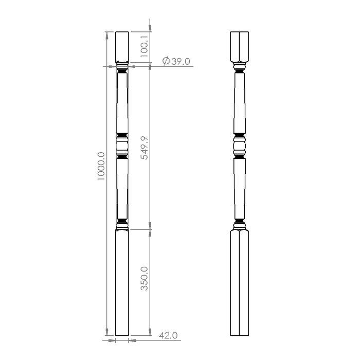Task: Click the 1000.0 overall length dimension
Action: pos(101,166)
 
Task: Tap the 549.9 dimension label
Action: pos(144,148)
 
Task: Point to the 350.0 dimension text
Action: pos(144,279)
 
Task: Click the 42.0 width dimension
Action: pos(168,335)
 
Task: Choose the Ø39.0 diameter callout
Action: pos(176,61)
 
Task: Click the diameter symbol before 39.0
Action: pos(166,61)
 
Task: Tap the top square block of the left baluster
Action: pos(122,47)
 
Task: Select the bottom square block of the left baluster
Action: pos(122,283)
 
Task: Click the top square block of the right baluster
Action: pos(240,47)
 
